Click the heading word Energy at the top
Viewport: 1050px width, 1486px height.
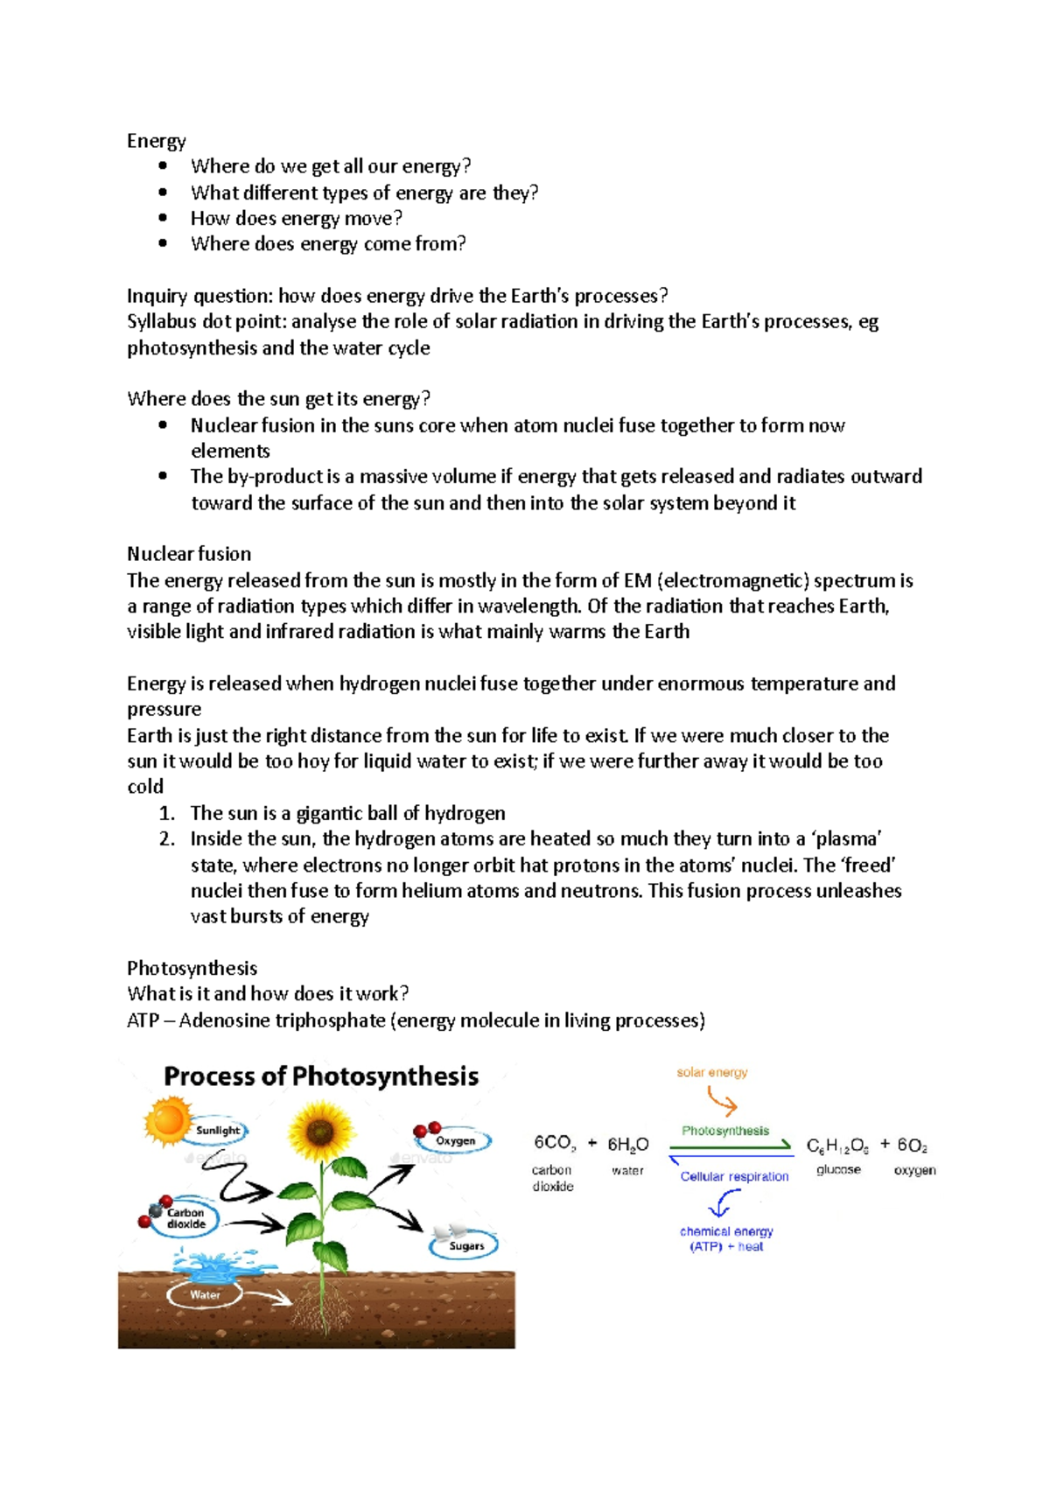pos(156,141)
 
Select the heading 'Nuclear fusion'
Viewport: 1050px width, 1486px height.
pos(189,554)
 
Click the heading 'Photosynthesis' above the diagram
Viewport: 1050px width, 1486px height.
pos(192,968)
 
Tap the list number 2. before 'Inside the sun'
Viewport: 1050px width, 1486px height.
pos(167,838)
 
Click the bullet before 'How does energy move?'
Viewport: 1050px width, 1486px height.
pos(163,218)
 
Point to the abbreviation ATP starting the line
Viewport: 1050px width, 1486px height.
pos(143,1020)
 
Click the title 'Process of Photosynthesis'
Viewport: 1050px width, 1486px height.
pos(321,1076)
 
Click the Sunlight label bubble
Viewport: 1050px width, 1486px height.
pos(218,1131)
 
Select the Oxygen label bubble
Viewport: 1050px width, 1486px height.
pos(455,1141)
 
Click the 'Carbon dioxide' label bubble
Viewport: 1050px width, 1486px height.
pos(186,1218)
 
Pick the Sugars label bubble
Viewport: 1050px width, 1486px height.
pos(466,1245)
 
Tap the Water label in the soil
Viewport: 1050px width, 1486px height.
pos(205,1295)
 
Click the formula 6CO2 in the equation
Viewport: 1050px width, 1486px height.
pos(555,1143)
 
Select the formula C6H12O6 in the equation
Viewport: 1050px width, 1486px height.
pos(837,1146)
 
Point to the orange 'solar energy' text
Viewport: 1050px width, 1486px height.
pos(711,1072)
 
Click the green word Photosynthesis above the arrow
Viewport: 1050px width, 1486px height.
pos(725,1131)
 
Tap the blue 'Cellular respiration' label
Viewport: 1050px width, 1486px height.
pos(734,1176)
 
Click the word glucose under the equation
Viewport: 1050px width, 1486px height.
pos(838,1170)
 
